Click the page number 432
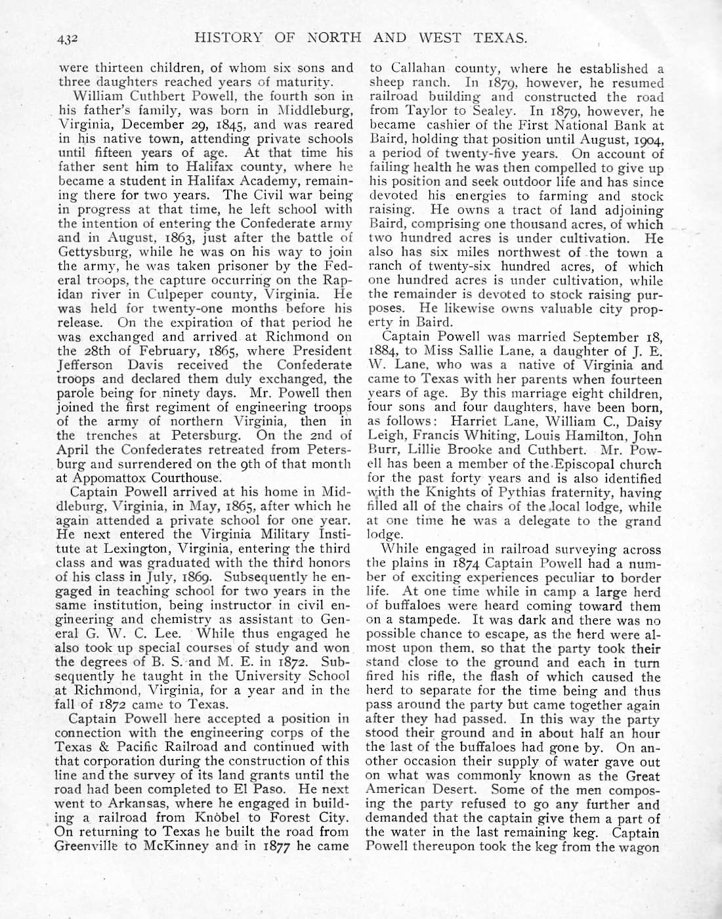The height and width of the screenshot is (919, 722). pos(68,38)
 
